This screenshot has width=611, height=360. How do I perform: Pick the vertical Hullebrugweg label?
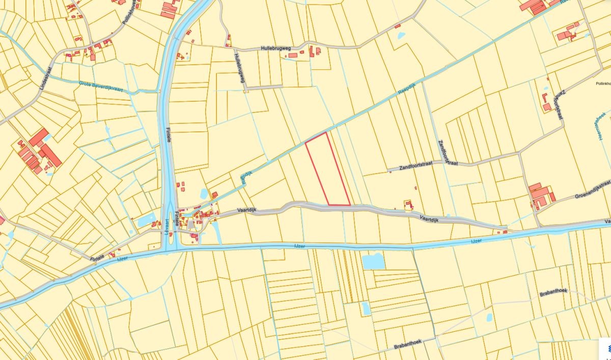[x=239, y=68]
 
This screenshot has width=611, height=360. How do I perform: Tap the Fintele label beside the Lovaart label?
[x=176, y=219]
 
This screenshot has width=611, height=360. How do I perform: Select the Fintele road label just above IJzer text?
[x=97, y=258]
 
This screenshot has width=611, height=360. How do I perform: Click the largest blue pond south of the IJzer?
[x=373, y=261]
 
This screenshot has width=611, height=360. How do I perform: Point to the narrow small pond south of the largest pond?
[x=366, y=308]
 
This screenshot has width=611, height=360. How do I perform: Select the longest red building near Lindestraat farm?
[x=51, y=155]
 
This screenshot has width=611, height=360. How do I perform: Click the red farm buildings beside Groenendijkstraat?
[x=540, y=196]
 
